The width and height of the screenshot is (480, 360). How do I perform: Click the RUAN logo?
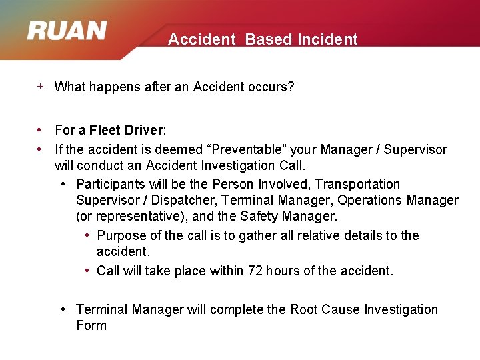[67, 31]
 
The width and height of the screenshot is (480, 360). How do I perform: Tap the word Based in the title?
[268, 39]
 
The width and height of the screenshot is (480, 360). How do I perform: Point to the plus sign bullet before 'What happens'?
[40, 86]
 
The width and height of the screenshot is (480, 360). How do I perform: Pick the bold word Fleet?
[105, 130]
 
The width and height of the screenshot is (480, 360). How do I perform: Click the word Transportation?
[357, 184]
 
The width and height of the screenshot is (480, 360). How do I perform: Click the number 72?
[255, 271]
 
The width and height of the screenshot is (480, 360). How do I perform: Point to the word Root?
[303, 309]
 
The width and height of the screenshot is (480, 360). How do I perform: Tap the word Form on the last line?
[91, 325]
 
